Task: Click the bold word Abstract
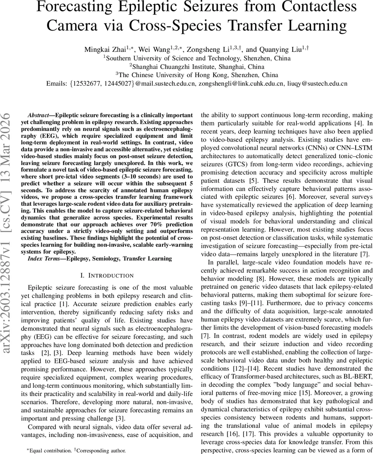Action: pos(39,114)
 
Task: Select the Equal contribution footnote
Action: pos(48,450)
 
